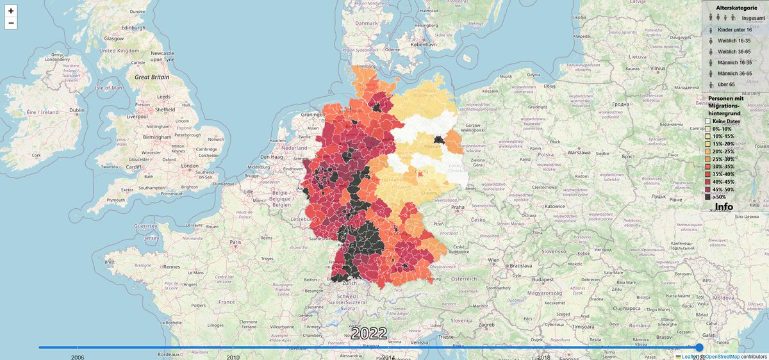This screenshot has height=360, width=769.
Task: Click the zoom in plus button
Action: [x=11, y=11]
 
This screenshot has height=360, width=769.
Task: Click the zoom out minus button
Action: [x=11, y=24]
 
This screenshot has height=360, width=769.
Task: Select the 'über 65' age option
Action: [x=726, y=85]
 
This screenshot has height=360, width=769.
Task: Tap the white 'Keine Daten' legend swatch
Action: [x=708, y=121]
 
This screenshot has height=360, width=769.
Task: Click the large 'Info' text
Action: [x=724, y=208]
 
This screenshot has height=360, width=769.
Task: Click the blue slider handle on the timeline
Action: [x=699, y=347]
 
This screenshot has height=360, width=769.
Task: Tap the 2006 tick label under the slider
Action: [x=78, y=357]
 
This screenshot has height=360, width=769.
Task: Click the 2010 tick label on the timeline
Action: [x=233, y=357]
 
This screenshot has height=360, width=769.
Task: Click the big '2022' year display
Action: [x=369, y=334]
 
